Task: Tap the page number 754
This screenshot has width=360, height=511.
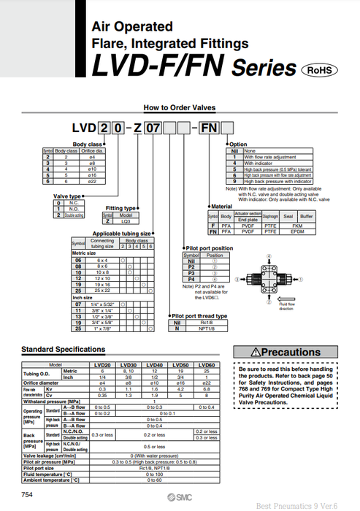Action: pos(27,495)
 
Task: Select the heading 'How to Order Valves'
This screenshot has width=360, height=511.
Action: pos(180,107)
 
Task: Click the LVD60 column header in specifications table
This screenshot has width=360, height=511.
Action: pos(207,364)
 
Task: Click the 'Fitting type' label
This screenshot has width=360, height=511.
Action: pos(120,208)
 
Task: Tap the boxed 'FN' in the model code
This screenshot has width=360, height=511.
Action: pos(229,128)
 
